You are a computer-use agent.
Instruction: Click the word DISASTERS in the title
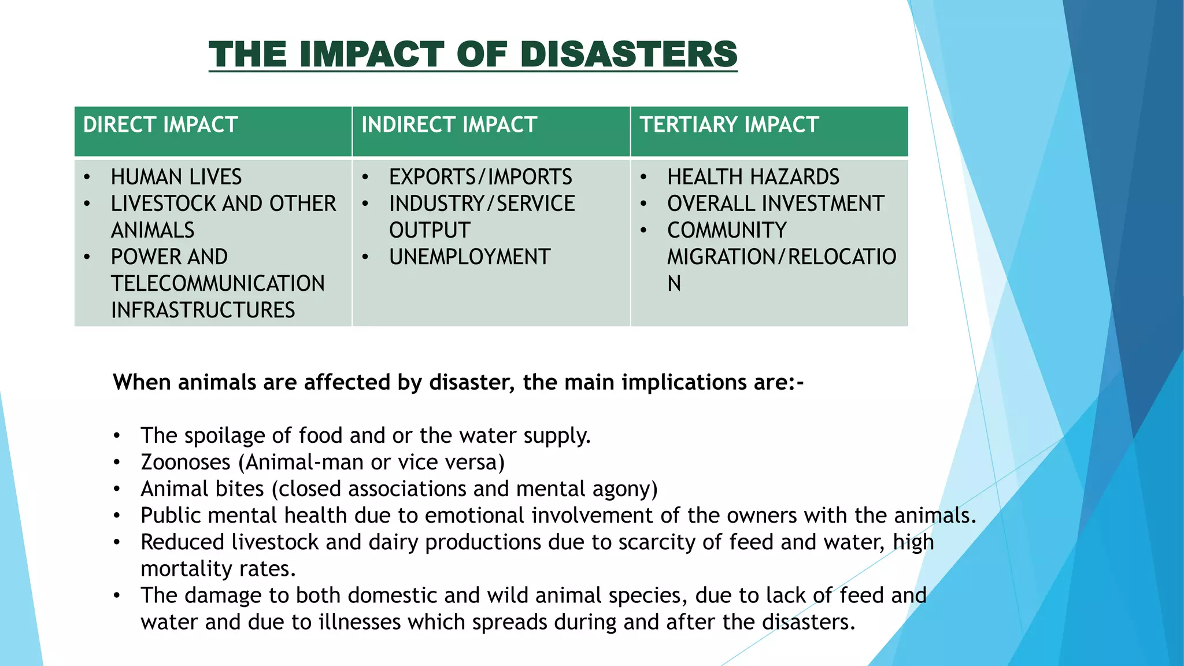[x=628, y=54]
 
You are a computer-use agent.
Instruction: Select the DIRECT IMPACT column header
[x=161, y=125]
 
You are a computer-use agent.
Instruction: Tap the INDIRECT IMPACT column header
[x=449, y=125]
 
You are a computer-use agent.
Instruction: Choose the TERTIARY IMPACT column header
[x=729, y=125]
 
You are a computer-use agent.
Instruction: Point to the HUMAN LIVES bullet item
[x=176, y=177]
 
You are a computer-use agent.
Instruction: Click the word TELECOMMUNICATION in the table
[x=218, y=283]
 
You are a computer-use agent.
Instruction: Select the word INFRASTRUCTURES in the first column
[x=203, y=310]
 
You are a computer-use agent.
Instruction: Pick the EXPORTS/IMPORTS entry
[x=480, y=177]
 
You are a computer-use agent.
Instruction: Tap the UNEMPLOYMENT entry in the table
[x=469, y=257]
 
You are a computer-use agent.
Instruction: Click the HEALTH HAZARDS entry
[x=753, y=177]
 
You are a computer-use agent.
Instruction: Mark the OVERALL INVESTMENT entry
[x=776, y=203]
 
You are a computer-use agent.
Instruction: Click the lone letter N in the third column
[x=674, y=284]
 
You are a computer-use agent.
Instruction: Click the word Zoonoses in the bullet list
[x=186, y=462]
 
